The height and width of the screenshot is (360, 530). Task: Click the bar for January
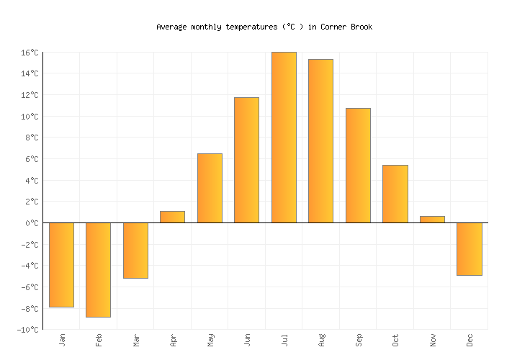click(61, 265)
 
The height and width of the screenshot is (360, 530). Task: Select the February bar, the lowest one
click(98, 270)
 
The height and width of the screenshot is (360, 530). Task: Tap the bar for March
click(135, 251)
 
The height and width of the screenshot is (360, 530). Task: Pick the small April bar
click(172, 217)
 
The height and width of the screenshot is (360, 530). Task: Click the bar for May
click(210, 188)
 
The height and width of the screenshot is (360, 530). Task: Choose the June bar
click(246, 160)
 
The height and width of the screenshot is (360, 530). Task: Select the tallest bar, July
click(284, 138)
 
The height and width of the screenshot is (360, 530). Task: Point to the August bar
click(320, 141)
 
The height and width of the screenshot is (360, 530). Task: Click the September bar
click(358, 166)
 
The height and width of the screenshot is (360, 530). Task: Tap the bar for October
click(395, 194)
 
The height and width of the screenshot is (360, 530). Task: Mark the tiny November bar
click(432, 220)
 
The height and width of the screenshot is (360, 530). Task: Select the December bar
click(470, 249)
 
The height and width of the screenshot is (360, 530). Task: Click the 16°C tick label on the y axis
click(29, 53)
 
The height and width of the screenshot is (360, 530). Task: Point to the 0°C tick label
click(32, 223)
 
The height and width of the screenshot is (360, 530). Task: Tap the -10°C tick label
click(27, 330)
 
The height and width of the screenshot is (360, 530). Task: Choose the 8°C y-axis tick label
click(32, 138)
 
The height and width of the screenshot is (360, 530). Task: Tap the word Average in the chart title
click(171, 27)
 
